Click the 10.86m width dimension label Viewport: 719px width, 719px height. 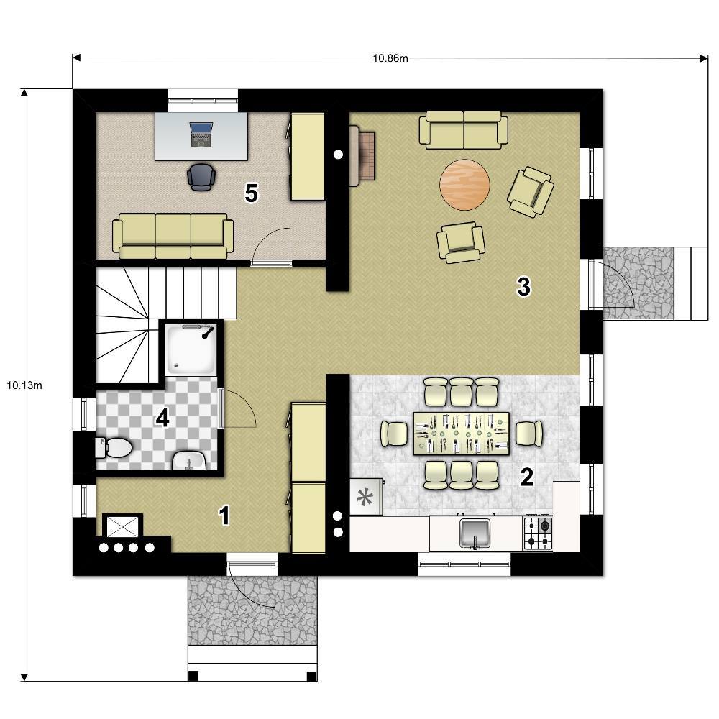390,58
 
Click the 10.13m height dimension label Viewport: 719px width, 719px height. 24,385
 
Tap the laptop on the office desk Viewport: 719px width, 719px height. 201,134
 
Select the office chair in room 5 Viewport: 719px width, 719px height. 201,177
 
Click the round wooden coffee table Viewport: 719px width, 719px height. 464,185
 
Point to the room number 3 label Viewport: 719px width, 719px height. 523,287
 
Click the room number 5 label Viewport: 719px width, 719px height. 251,193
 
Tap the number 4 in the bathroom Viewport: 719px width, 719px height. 162,418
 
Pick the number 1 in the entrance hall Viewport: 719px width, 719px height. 224,516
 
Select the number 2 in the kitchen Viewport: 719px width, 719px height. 527,477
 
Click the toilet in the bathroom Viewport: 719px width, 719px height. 114,448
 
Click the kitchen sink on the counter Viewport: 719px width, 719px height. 475,533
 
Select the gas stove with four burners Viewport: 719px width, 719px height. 538,533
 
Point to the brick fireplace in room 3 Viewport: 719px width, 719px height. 362,156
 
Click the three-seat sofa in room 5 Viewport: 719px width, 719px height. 173,236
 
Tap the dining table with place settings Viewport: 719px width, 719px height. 462,434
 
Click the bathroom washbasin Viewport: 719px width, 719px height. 189,461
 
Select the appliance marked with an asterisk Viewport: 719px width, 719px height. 366,497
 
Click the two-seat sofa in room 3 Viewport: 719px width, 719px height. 464,130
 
